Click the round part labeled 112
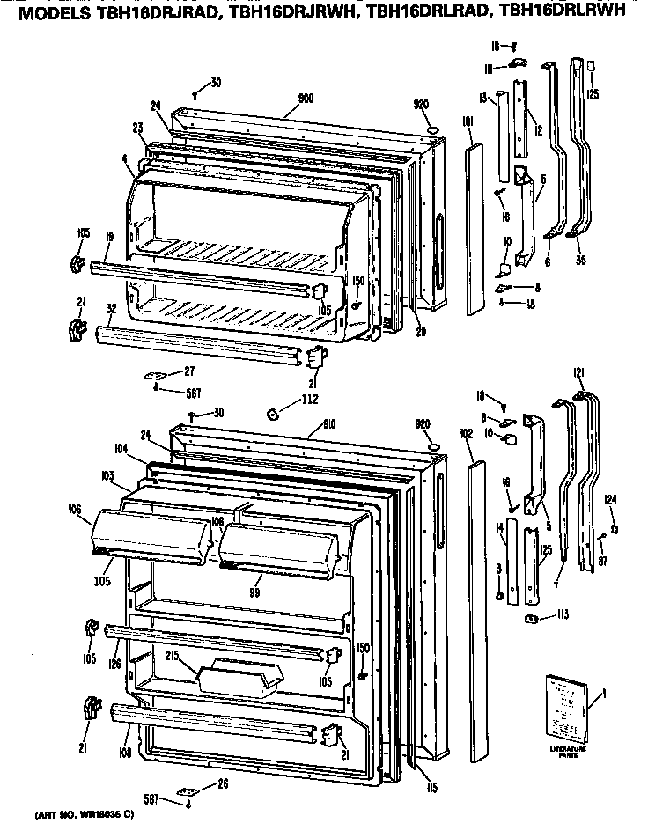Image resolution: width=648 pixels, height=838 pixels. tap(273, 414)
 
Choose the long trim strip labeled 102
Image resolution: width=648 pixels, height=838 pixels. tap(477, 607)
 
